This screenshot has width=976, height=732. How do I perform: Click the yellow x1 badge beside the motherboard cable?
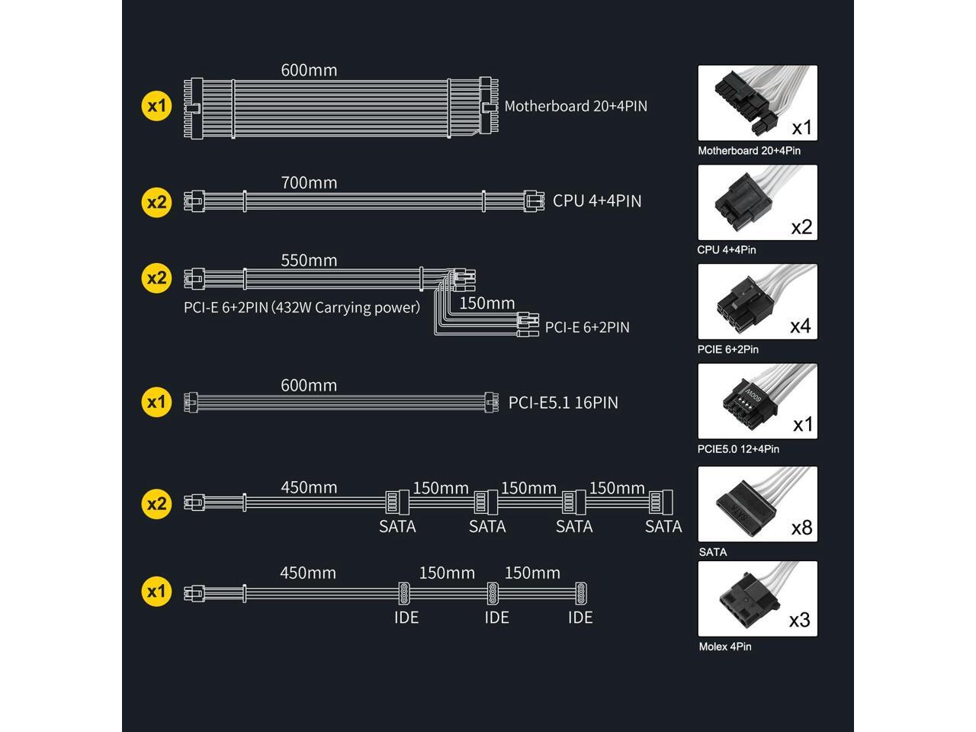pos(156,105)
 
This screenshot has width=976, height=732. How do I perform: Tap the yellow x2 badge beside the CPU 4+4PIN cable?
pos(156,202)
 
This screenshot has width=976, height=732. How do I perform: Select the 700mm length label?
pos(309,182)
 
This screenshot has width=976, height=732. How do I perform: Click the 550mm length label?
pos(309,260)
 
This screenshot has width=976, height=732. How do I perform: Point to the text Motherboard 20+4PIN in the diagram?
pos(576,106)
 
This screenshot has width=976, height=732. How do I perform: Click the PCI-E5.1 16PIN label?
pos(563,402)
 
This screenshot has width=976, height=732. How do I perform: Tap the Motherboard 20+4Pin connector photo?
pos(757,103)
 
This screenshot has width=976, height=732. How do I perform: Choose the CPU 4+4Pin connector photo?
pos(757,203)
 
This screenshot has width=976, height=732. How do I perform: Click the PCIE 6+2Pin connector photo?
pos(757,302)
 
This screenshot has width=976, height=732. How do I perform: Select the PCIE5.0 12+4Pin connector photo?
pos(757,401)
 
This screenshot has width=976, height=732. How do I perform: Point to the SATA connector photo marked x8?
pos(757,504)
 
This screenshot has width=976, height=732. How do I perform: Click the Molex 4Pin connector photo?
pos(757,599)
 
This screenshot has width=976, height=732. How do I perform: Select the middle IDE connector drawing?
pos(493,592)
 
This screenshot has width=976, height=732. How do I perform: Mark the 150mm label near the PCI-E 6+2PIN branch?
pos(487,303)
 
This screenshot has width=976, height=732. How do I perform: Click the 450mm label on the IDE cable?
pos(308,573)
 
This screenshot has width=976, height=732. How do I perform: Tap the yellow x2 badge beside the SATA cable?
pos(156,503)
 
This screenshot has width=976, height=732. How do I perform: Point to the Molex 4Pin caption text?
pos(725,647)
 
